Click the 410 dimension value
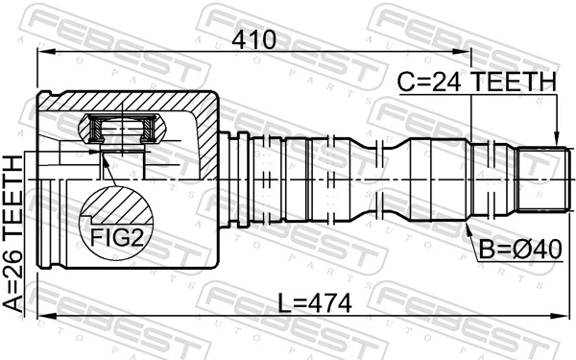(252, 40)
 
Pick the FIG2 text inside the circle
(116, 236)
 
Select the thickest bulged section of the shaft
(437, 180)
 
